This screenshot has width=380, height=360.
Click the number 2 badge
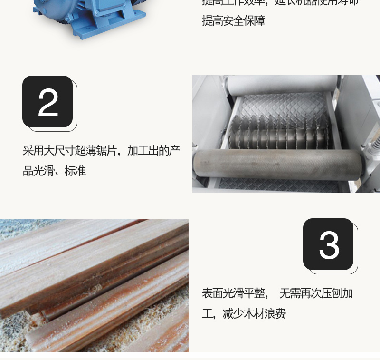click(47, 101)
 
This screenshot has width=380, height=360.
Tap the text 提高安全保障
click(233, 21)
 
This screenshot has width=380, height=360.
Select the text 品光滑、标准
click(54, 171)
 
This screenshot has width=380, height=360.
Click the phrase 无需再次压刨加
click(316, 293)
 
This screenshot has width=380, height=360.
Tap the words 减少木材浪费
click(254, 314)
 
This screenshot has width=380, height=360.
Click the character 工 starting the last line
click(207, 314)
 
